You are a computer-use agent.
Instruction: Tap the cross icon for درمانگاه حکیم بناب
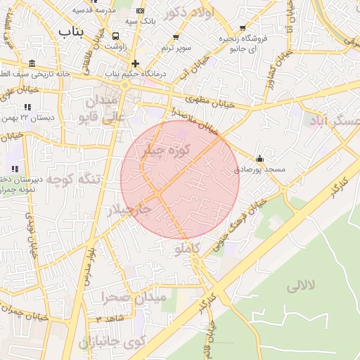tap(136, 63)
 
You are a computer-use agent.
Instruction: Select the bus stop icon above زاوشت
tap(115, 35)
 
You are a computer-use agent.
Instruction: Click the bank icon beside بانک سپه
tap(141, 11)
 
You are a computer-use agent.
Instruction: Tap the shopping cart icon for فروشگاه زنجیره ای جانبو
tap(243, 28)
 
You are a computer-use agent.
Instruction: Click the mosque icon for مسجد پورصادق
tap(260, 158)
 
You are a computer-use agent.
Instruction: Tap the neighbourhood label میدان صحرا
tap(134, 297)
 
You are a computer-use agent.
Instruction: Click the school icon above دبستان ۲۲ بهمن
tap(27, 107)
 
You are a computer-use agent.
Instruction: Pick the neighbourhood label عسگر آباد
tap(334, 121)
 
